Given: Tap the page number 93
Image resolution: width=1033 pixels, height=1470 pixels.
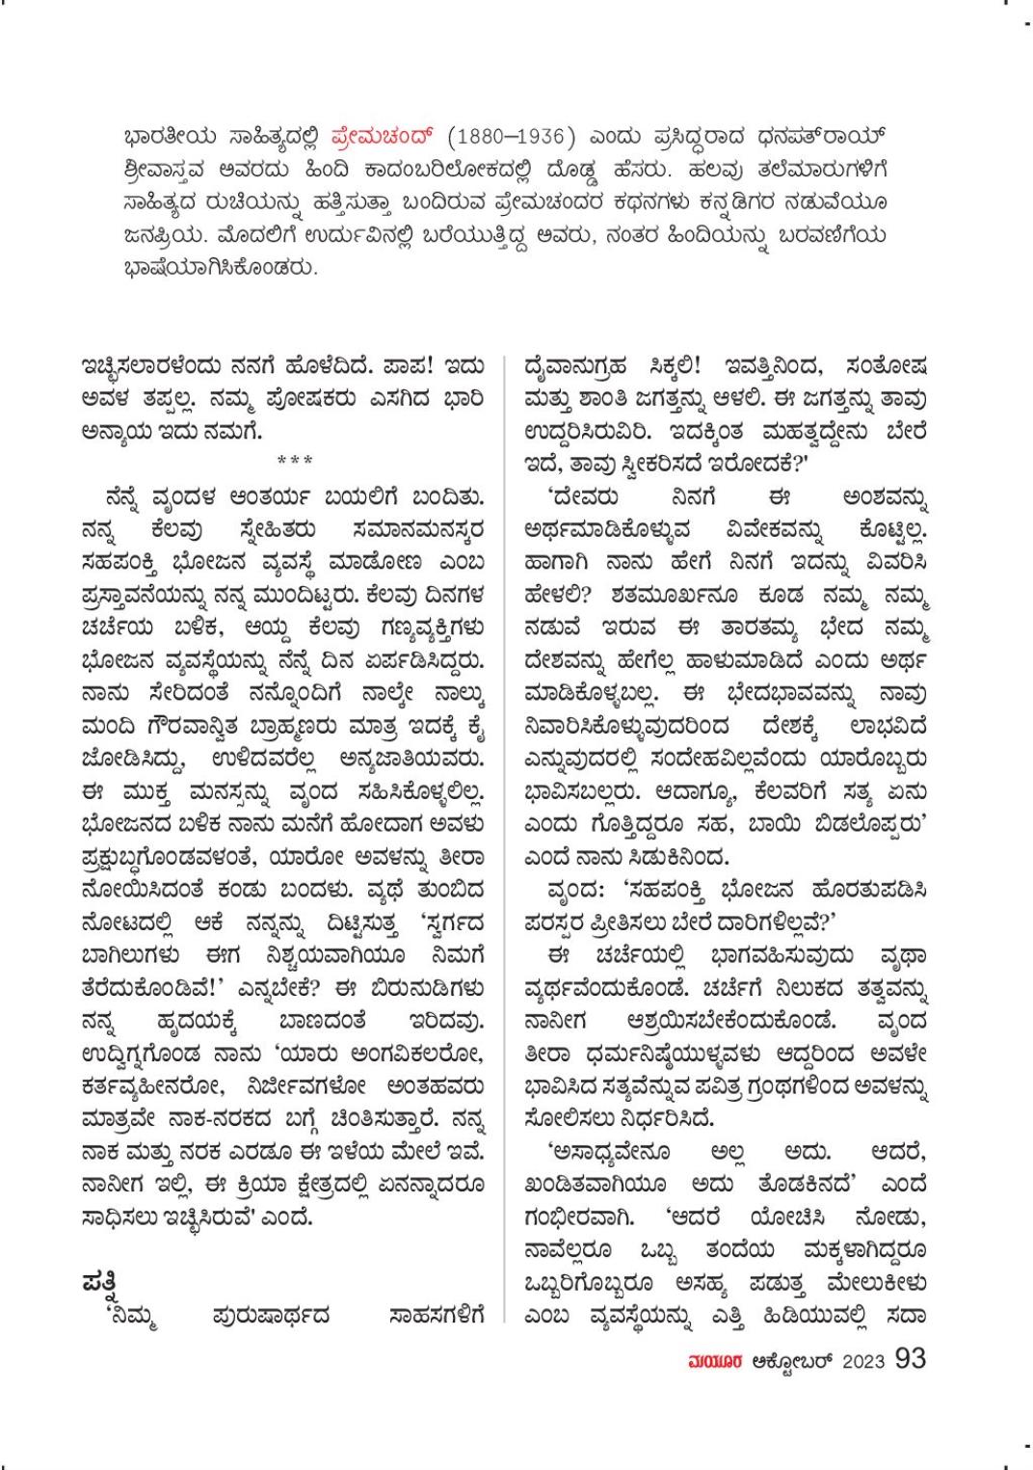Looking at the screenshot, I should tap(910, 1357).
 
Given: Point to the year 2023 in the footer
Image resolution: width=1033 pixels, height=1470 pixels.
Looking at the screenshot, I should tap(863, 1360).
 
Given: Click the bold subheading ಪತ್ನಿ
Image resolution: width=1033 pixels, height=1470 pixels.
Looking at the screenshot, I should tap(100, 1285).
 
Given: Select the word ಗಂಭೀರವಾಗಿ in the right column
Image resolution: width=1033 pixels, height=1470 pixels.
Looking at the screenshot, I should tap(579, 1215).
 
